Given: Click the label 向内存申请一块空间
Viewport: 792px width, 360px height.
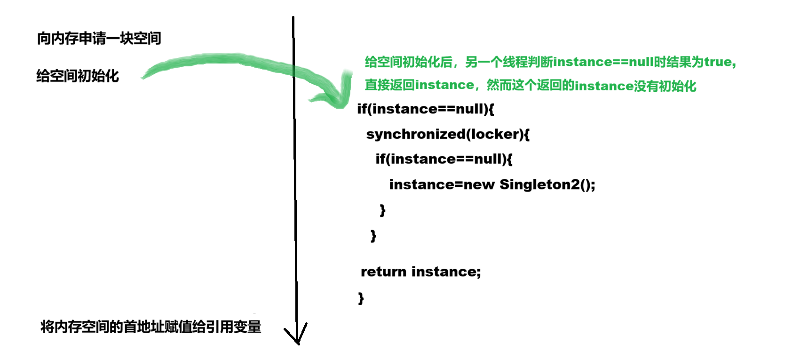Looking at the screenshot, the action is pyautogui.click(x=99, y=39).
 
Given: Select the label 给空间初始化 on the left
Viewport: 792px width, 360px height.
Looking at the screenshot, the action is pyautogui.click(x=78, y=76).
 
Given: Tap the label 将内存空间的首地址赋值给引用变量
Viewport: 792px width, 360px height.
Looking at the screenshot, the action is pyautogui.click(x=150, y=327).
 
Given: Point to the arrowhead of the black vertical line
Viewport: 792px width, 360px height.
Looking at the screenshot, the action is pyautogui.click(x=297, y=340).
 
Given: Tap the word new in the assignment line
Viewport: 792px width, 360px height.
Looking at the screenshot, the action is pyautogui.click(x=479, y=184).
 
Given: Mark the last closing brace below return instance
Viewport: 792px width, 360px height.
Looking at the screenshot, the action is pyautogui.click(x=361, y=298).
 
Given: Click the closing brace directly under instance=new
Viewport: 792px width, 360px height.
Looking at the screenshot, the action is pyautogui.click(x=382, y=210).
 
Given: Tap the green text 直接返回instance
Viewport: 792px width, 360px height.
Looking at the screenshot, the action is pyautogui.click(x=419, y=85).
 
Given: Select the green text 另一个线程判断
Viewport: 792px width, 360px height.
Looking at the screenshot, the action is pyautogui.click(x=508, y=62).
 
